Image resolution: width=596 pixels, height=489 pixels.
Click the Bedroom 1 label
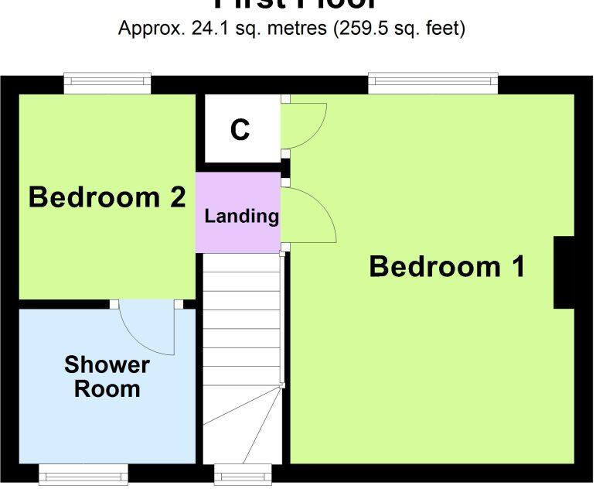[x=447, y=267]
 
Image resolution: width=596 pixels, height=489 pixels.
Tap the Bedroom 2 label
[x=107, y=197]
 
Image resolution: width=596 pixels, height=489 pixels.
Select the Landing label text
[x=241, y=216]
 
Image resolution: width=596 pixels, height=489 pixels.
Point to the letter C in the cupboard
[x=240, y=131]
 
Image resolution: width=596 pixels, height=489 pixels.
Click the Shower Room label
[x=107, y=377]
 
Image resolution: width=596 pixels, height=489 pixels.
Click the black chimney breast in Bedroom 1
[x=564, y=272]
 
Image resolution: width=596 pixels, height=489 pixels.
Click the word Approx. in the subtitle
[x=149, y=29]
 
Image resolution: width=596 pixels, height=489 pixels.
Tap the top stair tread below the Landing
[x=241, y=262]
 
